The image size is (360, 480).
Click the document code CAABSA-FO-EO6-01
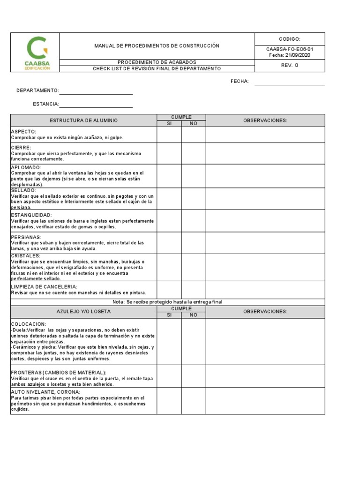(289, 49)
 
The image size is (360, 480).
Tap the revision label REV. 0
(289, 65)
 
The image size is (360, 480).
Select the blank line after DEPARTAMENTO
(96, 92)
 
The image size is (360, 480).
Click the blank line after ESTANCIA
(96, 106)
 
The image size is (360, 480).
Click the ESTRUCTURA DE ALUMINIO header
(83, 120)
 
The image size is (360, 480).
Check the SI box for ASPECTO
(169, 135)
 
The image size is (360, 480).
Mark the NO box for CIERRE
(193, 153)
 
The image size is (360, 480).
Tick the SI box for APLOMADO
(169, 176)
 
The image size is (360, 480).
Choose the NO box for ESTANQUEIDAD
(193, 221)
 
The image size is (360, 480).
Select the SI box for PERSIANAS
(169, 243)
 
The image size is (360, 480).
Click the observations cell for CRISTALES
(265, 267)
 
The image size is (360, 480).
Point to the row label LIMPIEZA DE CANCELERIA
(44, 286)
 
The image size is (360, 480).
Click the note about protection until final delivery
(167, 302)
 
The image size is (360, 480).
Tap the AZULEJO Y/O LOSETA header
(83, 312)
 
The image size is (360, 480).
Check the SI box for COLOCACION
(169, 341)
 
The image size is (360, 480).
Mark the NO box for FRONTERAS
(193, 376)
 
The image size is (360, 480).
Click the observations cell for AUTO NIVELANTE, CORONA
(265, 401)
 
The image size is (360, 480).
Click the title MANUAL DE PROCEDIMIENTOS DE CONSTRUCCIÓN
(157, 46)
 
